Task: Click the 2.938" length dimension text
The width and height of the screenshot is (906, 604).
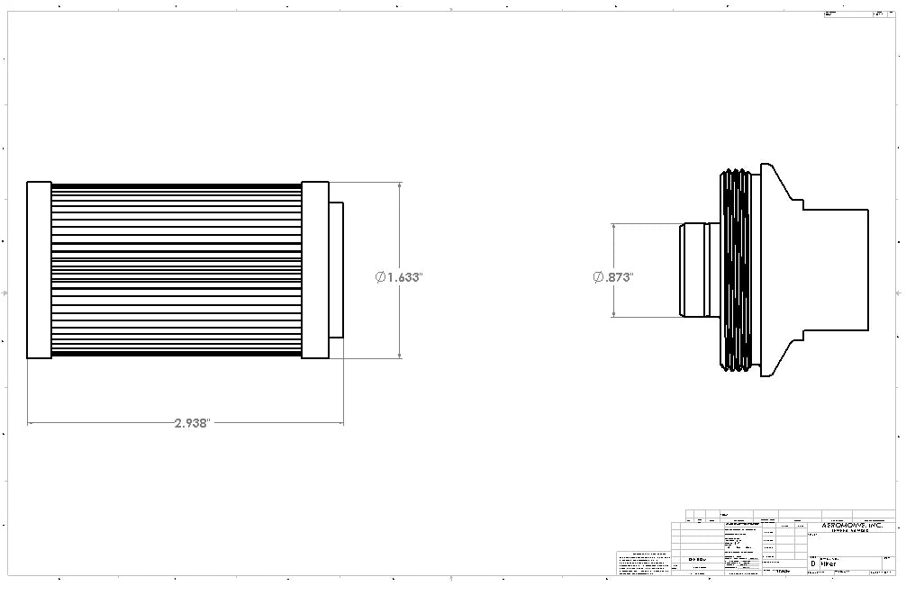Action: [192, 422]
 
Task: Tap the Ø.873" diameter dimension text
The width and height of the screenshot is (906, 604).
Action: [613, 277]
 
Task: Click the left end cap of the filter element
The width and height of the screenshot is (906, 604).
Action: [39, 270]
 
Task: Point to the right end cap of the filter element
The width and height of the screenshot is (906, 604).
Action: [314, 270]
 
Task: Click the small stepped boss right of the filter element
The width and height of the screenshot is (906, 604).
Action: [336, 270]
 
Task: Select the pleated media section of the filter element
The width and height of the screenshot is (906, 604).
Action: [176, 270]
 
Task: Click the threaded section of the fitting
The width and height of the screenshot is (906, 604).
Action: [735, 270]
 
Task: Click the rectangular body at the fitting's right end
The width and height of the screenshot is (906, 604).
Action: [838, 270]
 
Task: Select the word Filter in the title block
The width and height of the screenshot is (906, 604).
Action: [828, 564]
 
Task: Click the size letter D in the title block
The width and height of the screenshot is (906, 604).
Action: [813, 564]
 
